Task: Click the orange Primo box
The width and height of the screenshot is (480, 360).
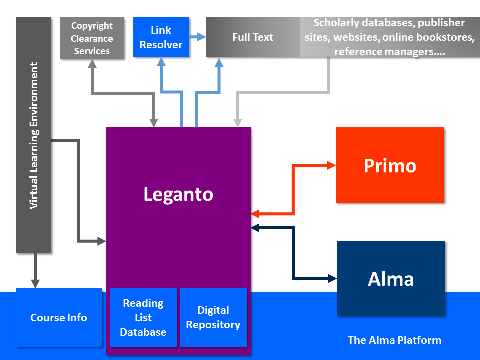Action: click(390, 165)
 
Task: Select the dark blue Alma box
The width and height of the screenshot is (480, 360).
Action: click(391, 278)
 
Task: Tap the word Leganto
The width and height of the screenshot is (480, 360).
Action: click(178, 194)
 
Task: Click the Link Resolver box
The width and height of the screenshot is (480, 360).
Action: click(161, 38)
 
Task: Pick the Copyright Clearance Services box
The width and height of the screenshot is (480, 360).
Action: click(92, 38)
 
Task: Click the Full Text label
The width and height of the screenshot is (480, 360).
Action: click(253, 37)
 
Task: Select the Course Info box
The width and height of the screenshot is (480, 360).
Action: click(59, 318)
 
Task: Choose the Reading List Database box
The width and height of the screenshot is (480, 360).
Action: click(143, 317)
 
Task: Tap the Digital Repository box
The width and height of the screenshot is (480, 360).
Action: click(213, 317)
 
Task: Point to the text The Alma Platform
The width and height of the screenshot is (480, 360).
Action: click(394, 340)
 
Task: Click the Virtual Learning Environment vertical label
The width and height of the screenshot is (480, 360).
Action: click(34, 135)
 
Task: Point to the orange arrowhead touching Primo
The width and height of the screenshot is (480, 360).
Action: click(331, 165)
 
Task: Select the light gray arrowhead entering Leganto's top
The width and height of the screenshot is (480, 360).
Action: click(238, 123)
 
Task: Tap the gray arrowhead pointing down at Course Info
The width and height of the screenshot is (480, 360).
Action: click(35, 284)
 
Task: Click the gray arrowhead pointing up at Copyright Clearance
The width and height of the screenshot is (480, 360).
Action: click(92, 64)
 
